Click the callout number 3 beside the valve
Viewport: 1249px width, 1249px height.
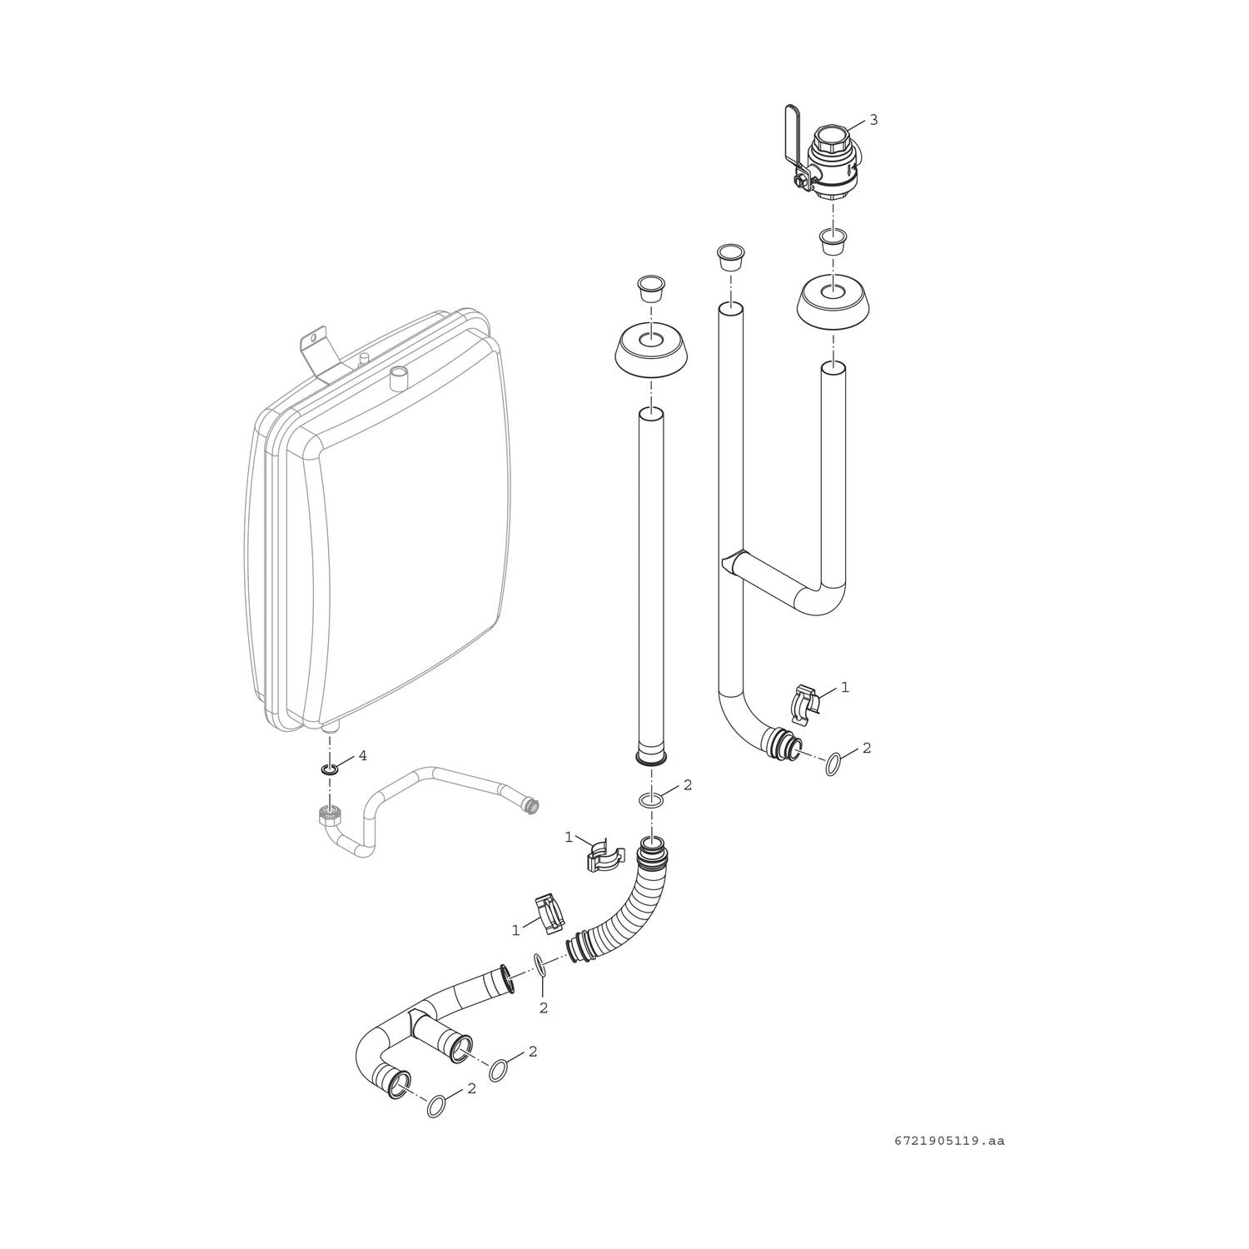click(x=873, y=120)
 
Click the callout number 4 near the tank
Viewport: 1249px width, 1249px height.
click(x=362, y=756)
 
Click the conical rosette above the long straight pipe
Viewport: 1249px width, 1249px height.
click(x=652, y=356)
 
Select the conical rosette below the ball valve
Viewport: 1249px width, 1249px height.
click(x=833, y=307)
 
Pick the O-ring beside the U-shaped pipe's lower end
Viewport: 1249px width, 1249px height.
click(x=833, y=764)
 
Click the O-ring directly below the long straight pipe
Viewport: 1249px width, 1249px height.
click(x=652, y=800)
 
